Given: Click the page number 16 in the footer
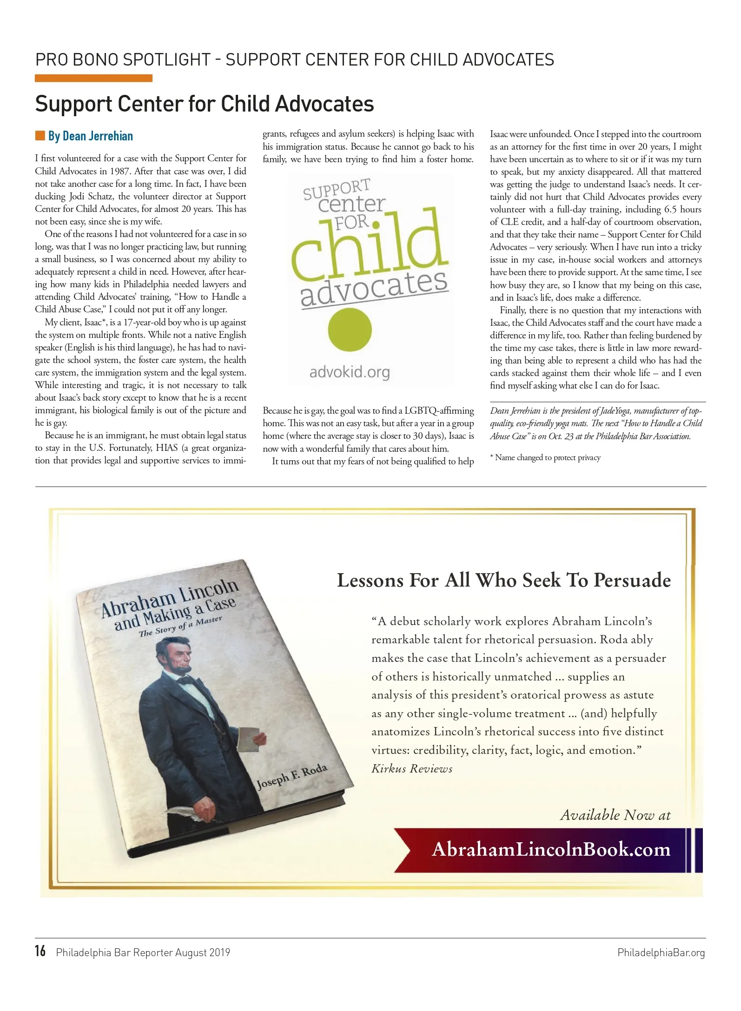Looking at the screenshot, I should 40,951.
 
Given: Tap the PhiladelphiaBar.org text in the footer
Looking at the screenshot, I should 661,952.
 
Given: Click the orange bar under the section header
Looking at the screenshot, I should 93,78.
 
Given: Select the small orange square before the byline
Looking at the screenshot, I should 40,136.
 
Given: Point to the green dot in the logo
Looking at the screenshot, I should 350,330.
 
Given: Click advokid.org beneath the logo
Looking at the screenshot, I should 350,372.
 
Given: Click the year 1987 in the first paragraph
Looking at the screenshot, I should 119,171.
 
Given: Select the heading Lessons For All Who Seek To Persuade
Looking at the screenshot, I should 504,581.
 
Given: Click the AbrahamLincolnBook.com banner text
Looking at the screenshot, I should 551,849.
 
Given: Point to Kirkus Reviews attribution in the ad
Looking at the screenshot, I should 412,768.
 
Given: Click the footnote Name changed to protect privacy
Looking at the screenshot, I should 545,457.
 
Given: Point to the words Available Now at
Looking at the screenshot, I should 615,815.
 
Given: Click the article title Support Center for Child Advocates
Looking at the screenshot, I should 205,104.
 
